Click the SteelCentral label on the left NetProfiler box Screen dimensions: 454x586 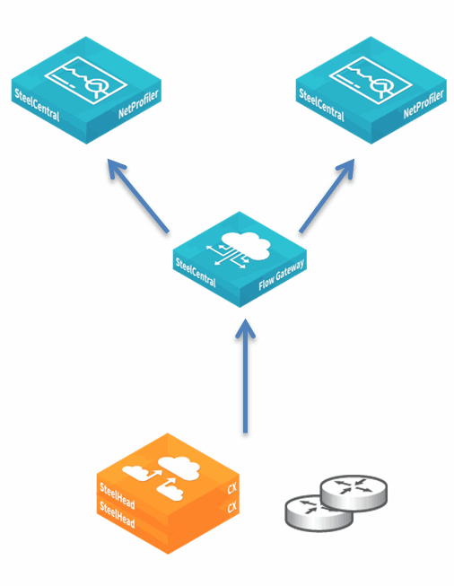point(37,105)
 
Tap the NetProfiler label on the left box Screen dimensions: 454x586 point(138,103)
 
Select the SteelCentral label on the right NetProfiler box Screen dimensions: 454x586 point(321,105)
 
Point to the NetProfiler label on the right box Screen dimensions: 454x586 point(423,103)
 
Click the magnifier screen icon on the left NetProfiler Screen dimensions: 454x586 point(86,80)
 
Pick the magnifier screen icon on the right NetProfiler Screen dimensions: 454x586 point(371,80)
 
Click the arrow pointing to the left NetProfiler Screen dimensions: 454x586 point(138,196)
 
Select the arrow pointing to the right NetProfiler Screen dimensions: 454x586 point(327,196)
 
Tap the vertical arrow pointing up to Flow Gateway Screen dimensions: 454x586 point(245,376)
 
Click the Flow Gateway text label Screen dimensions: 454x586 point(282,276)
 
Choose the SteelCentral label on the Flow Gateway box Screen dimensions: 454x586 point(196,273)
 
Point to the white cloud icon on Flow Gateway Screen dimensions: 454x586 point(246,246)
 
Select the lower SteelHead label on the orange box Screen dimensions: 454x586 point(117,514)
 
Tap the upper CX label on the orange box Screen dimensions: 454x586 point(232,488)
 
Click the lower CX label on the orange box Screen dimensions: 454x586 point(232,507)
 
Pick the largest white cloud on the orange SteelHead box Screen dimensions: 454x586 point(179,468)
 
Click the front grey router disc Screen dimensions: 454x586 point(319,513)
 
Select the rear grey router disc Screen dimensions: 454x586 point(354,493)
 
